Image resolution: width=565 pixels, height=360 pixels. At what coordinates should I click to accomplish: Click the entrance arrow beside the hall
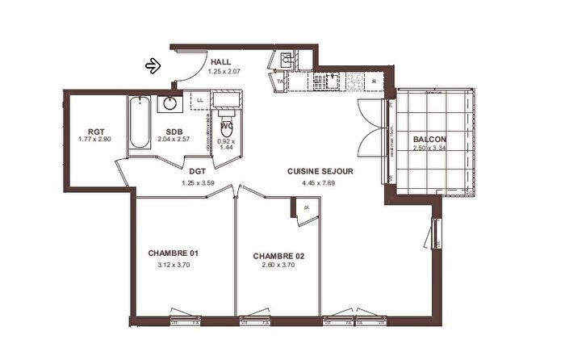tap(153, 65)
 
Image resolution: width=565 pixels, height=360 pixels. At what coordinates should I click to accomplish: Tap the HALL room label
tap(221, 62)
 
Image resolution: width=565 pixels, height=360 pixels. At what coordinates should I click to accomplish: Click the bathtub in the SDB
tap(139, 123)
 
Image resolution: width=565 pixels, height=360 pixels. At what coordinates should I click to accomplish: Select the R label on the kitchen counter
tap(376, 81)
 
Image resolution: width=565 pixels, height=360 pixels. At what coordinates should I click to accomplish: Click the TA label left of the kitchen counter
tap(280, 82)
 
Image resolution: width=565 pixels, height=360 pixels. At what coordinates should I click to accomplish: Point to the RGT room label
tap(97, 131)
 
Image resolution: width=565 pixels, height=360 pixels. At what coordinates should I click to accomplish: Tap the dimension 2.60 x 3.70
tap(278, 266)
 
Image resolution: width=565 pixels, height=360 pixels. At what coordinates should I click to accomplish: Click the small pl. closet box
tap(306, 207)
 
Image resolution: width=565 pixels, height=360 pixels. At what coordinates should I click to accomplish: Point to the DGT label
tap(197, 171)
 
